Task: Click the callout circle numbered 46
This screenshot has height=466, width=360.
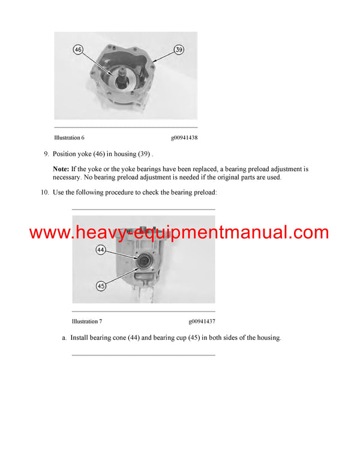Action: click(77, 49)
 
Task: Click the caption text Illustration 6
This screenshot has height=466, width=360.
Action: click(69, 138)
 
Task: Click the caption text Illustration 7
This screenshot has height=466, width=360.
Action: click(86, 321)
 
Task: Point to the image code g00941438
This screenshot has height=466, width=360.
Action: click(184, 138)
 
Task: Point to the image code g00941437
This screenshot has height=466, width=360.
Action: click(202, 321)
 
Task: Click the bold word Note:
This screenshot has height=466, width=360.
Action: click(61, 169)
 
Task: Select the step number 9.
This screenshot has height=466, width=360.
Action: click(46, 154)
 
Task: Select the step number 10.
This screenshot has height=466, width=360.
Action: click(45, 192)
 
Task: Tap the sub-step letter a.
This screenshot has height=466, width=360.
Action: click(64, 338)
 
